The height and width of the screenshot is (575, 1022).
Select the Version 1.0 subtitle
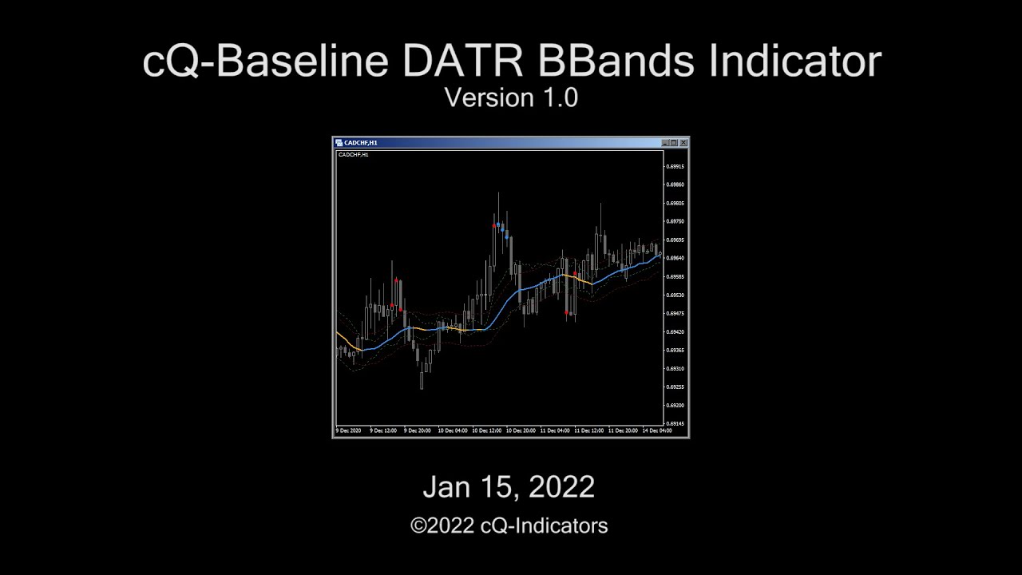[511, 97]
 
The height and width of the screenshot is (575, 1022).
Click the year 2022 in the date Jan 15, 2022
[561, 487]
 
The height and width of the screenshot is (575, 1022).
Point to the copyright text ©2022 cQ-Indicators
[509, 525]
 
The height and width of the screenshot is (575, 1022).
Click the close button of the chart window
[683, 143]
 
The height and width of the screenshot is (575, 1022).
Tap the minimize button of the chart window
[666, 143]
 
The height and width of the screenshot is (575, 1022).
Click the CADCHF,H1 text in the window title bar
[361, 143]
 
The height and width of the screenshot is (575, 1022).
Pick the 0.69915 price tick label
[675, 167]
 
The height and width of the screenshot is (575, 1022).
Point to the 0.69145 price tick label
[675, 424]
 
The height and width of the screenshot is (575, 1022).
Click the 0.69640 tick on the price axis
[675, 259]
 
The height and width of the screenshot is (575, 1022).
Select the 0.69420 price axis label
[675, 332]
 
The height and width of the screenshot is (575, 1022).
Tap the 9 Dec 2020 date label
[349, 430]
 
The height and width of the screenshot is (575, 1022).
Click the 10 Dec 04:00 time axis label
[452, 430]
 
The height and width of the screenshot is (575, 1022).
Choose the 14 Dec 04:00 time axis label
[657, 430]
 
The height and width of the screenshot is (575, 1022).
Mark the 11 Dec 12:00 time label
[588, 430]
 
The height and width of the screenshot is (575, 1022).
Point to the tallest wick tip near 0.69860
[499, 194]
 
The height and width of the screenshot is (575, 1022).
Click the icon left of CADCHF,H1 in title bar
[339, 143]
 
